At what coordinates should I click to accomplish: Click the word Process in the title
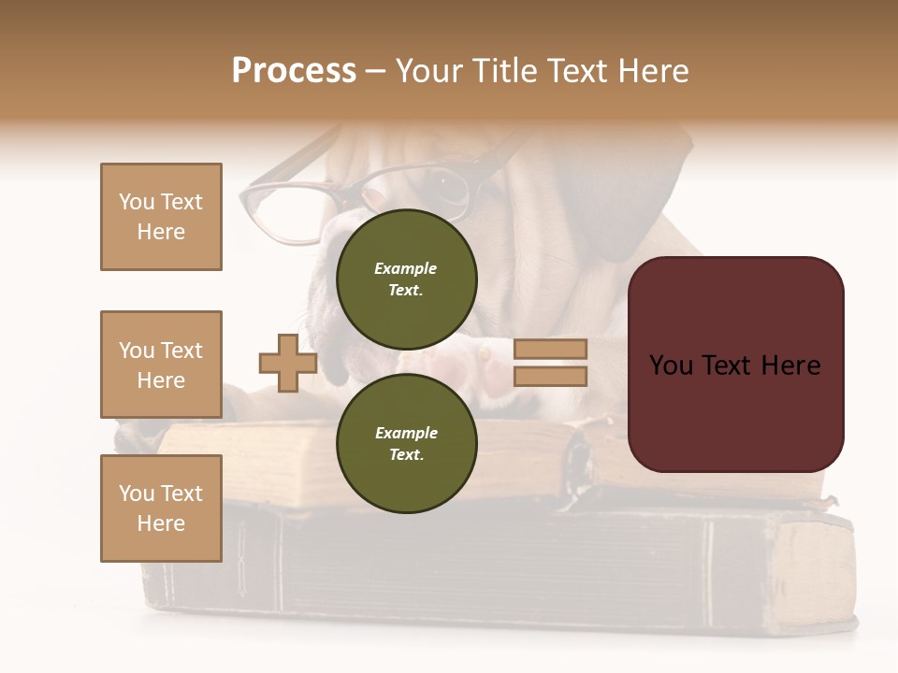tap(294, 71)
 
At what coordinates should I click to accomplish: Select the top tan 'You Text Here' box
tap(161, 217)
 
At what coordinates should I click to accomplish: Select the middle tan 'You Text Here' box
tap(161, 365)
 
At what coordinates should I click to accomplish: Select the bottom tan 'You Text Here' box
tap(161, 508)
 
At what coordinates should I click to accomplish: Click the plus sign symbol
tap(287, 363)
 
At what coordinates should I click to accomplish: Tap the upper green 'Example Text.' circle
tap(406, 279)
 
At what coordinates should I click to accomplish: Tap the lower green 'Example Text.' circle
tap(406, 443)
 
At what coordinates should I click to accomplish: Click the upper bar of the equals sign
tap(550, 350)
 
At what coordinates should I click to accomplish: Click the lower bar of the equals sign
tap(550, 376)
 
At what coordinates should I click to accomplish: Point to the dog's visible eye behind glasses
tap(450, 182)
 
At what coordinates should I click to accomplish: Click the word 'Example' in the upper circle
tap(406, 268)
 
